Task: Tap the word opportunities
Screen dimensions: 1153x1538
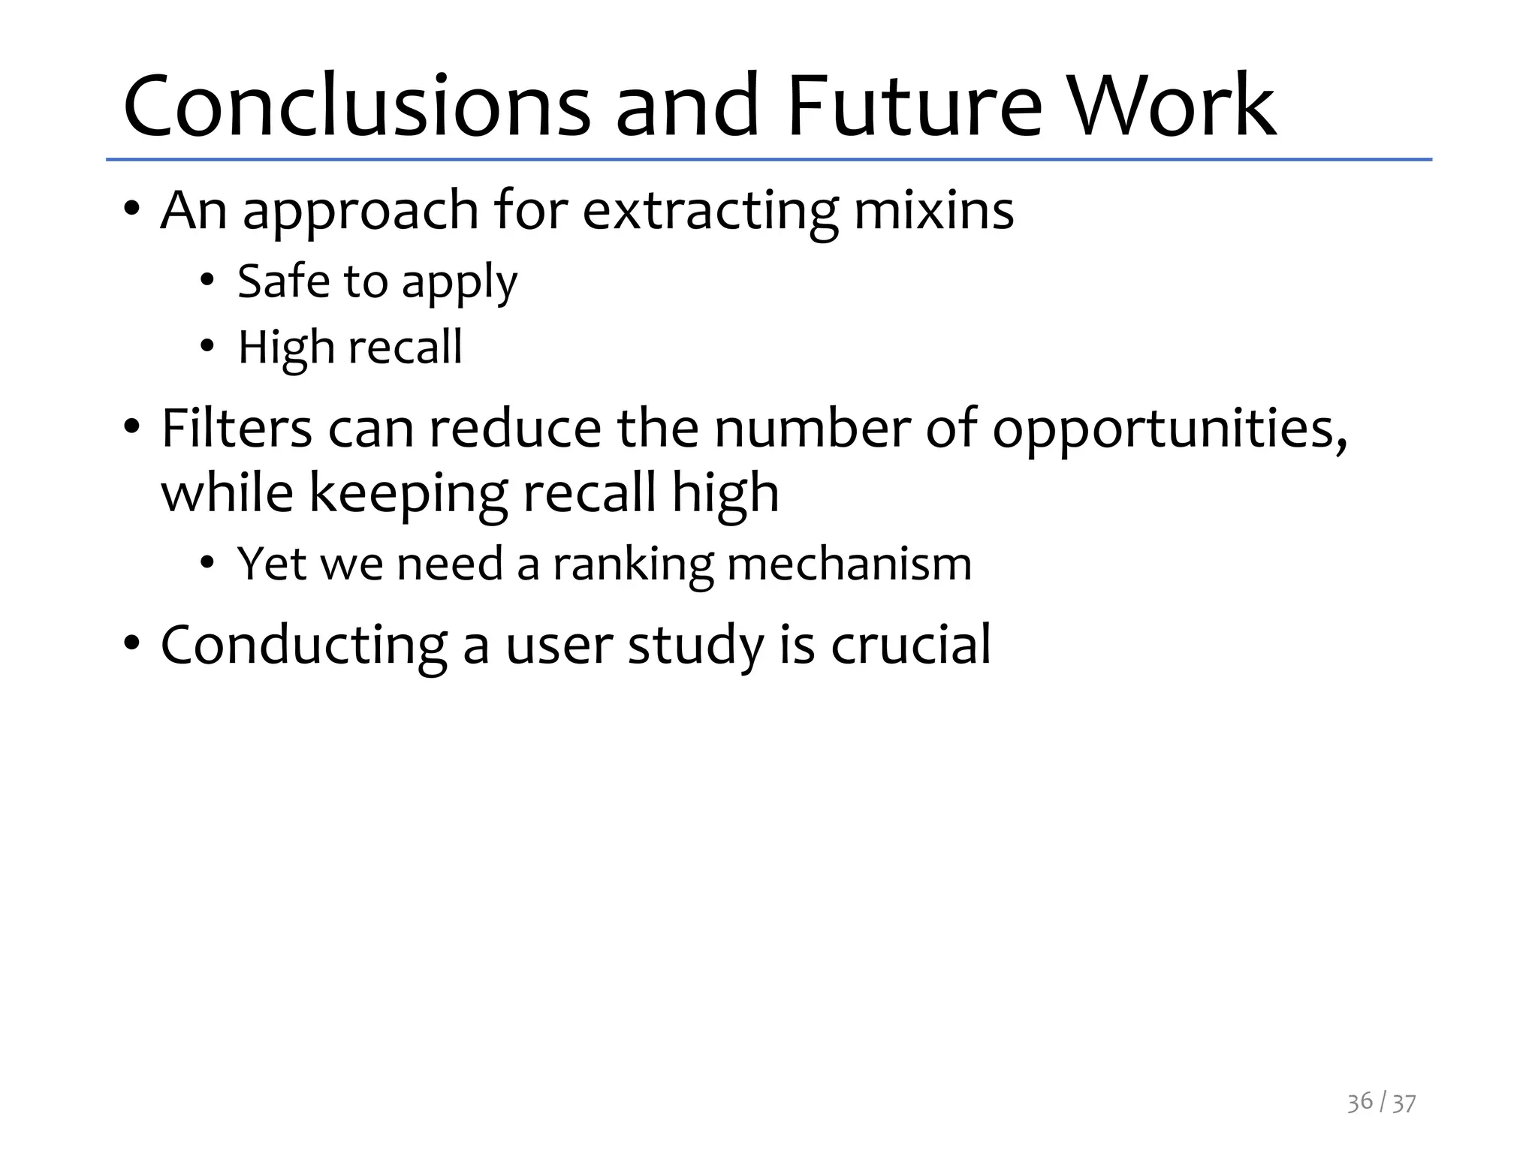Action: (1169, 429)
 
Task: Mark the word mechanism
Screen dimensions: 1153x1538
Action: (849, 564)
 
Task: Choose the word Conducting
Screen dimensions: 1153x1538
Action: (304, 646)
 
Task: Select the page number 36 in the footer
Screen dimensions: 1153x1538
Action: (1359, 1102)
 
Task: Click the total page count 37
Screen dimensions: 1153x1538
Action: (1404, 1103)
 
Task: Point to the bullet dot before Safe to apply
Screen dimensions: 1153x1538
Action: (207, 281)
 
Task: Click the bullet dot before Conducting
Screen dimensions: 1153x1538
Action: (132, 643)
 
